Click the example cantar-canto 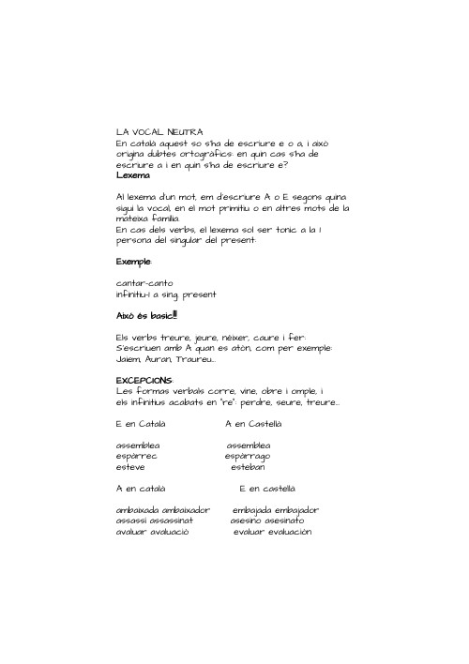(144, 283)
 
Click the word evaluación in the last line (283, 532)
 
